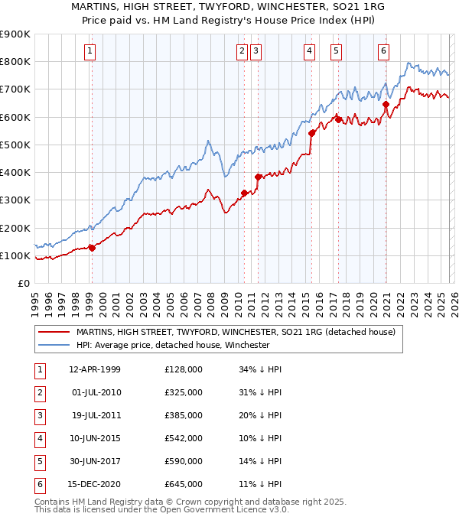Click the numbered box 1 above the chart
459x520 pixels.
pos(90,51)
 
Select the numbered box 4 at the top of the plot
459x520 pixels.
pos(309,51)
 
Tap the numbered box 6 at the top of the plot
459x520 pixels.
pos(383,51)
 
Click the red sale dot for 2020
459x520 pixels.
pos(386,105)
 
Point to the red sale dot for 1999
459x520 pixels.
pos(92,248)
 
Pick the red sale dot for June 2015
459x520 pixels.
pos(312,133)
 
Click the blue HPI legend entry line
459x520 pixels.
pos(54,345)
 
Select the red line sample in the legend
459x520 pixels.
pos(54,332)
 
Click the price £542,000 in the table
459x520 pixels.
pos(184,438)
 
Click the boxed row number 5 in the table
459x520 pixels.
pos(39,461)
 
